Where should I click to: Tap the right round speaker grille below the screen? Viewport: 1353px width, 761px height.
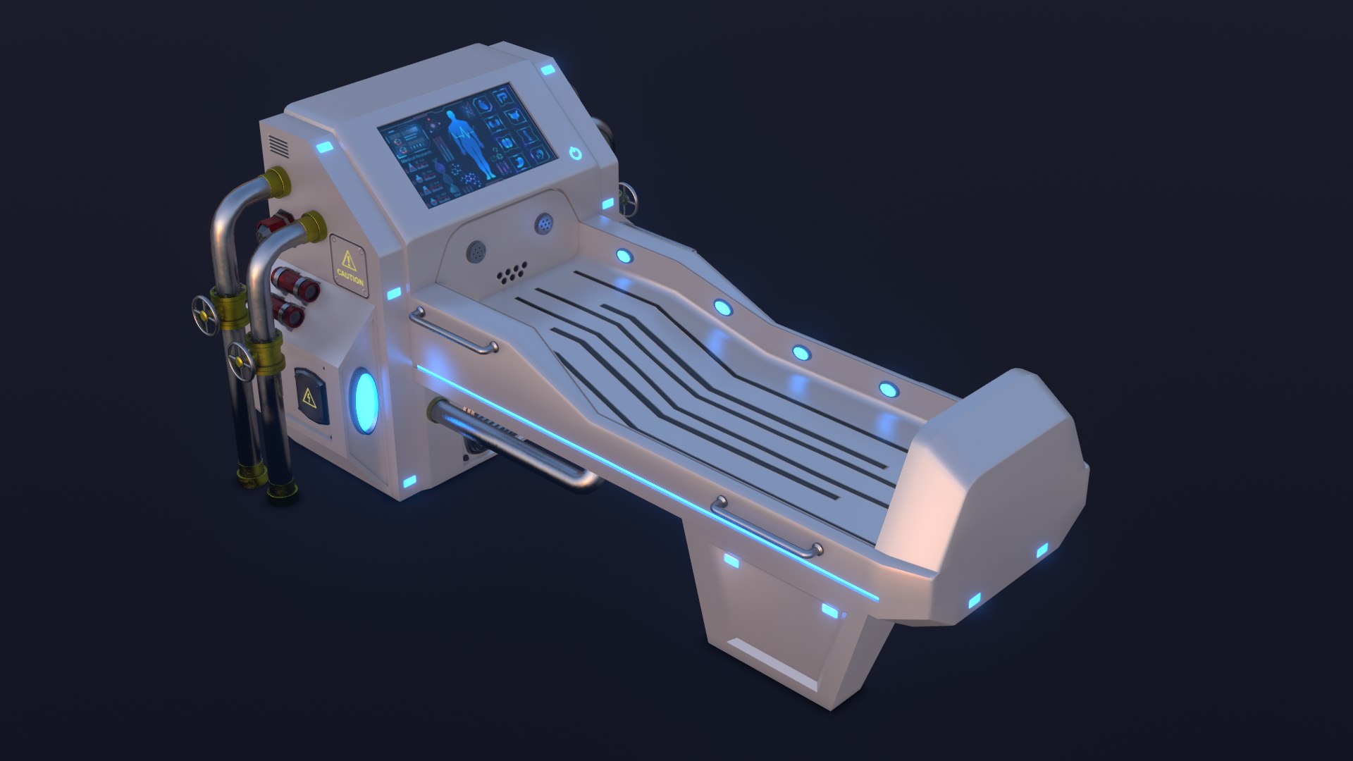(544, 223)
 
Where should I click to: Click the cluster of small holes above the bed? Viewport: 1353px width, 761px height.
(512, 273)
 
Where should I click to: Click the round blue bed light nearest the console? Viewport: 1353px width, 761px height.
(623, 255)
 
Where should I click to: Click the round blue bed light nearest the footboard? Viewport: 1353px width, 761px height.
(888, 389)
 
